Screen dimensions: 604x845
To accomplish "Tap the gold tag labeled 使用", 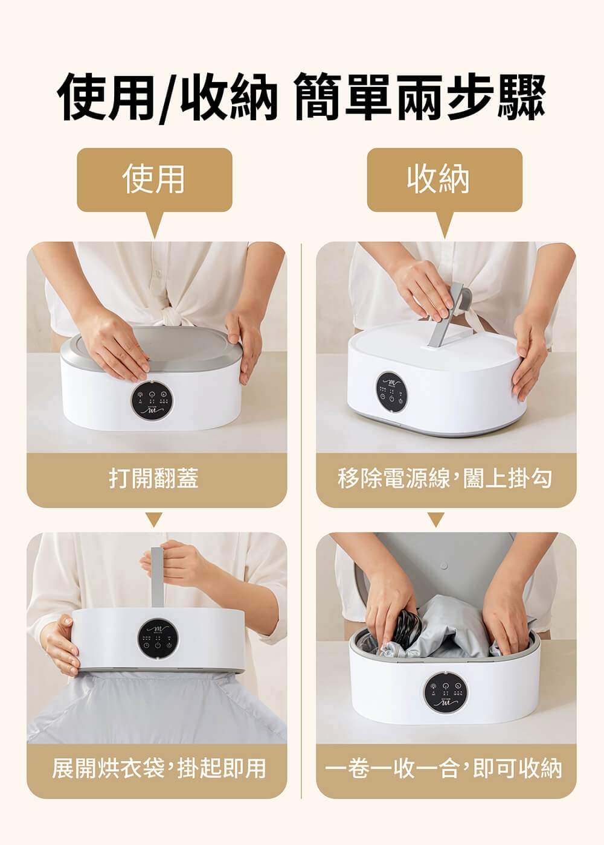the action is coord(155,180).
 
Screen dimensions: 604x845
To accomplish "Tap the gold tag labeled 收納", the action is coord(445,180).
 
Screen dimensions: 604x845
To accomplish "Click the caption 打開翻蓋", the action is coord(153,478).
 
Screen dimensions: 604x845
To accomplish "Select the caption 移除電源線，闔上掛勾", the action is coord(445,478).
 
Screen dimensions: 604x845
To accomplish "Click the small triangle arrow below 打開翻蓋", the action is coord(155,519).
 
